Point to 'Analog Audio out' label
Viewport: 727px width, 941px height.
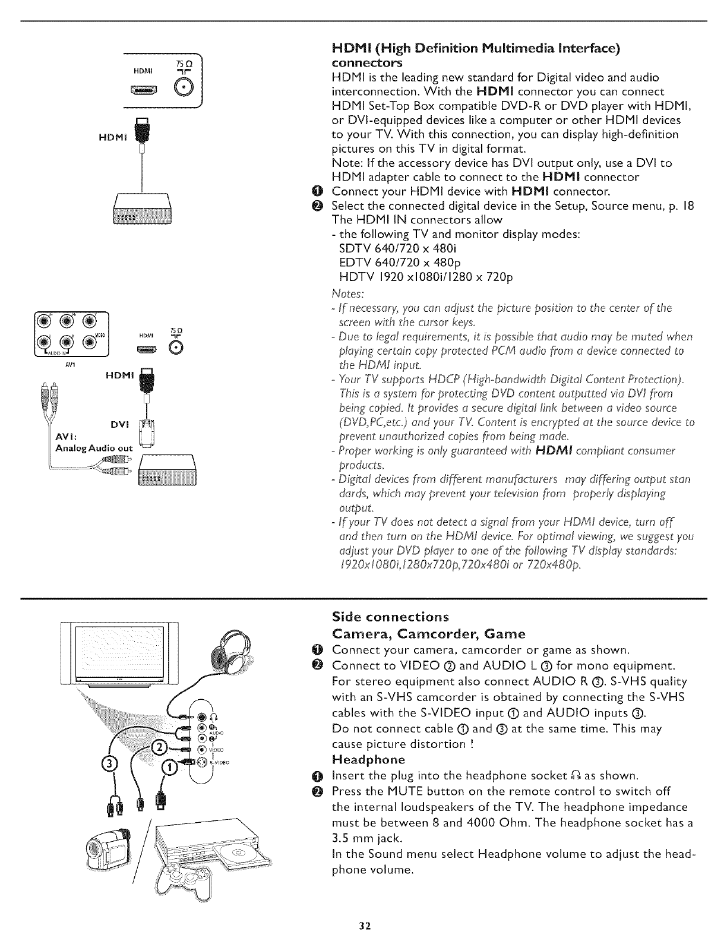tap(94, 448)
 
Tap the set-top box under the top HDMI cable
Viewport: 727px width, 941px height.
tap(142, 211)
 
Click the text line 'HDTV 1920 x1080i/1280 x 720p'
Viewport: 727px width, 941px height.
tap(425, 277)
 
